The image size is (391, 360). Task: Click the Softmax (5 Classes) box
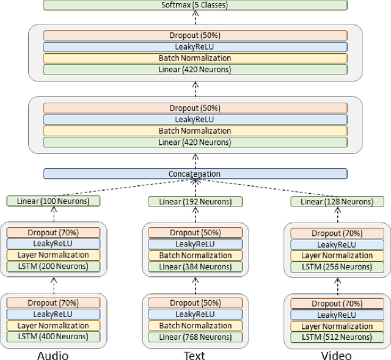(x=195, y=5)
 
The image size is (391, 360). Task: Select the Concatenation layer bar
(x=195, y=174)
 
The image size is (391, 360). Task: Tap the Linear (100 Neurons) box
(x=53, y=201)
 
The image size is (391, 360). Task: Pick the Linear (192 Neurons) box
(x=195, y=201)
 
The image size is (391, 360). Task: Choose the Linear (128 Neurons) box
(x=337, y=201)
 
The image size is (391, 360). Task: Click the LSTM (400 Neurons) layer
(x=53, y=337)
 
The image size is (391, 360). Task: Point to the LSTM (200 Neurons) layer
(x=53, y=266)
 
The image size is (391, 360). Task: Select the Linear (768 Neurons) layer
(x=195, y=337)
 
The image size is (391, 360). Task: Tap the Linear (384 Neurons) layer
(x=195, y=266)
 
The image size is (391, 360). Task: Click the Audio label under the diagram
(x=53, y=354)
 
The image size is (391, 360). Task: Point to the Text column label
(x=194, y=354)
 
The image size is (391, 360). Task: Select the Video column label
(x=337, y=354)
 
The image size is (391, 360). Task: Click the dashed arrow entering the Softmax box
(x=195, y=17)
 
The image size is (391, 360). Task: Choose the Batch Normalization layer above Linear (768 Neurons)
(x=195, y=326)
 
